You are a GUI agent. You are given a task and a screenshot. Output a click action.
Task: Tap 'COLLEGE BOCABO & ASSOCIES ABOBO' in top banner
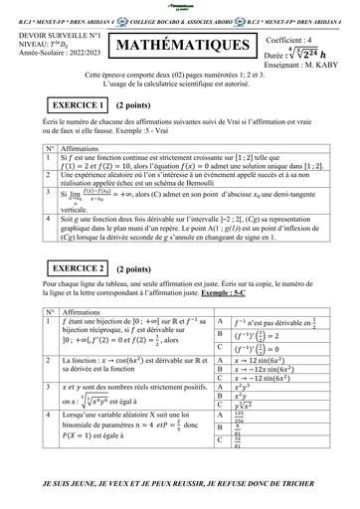point(175,17)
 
